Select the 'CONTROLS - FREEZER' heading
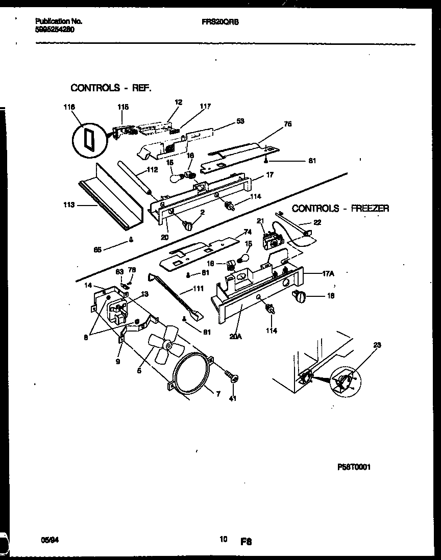click(340, 208)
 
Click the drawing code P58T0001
click(354, 467)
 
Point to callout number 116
click(69, 107)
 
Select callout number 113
click(69, 205)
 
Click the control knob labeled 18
click(299, 295)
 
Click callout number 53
click(240, 121)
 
